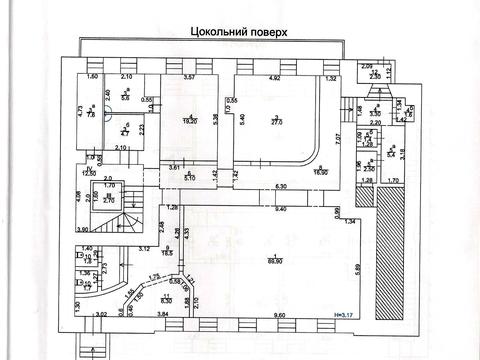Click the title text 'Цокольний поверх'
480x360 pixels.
click(x=238, y=32)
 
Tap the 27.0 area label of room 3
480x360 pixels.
click(x=279, y=125)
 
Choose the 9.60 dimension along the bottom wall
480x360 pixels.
click(x=279, y=316)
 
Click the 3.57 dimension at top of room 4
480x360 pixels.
click(x=187, y=78)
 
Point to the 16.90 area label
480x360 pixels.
click(x=321, y=172)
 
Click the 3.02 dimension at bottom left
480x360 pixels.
click(x=100, y=316)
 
